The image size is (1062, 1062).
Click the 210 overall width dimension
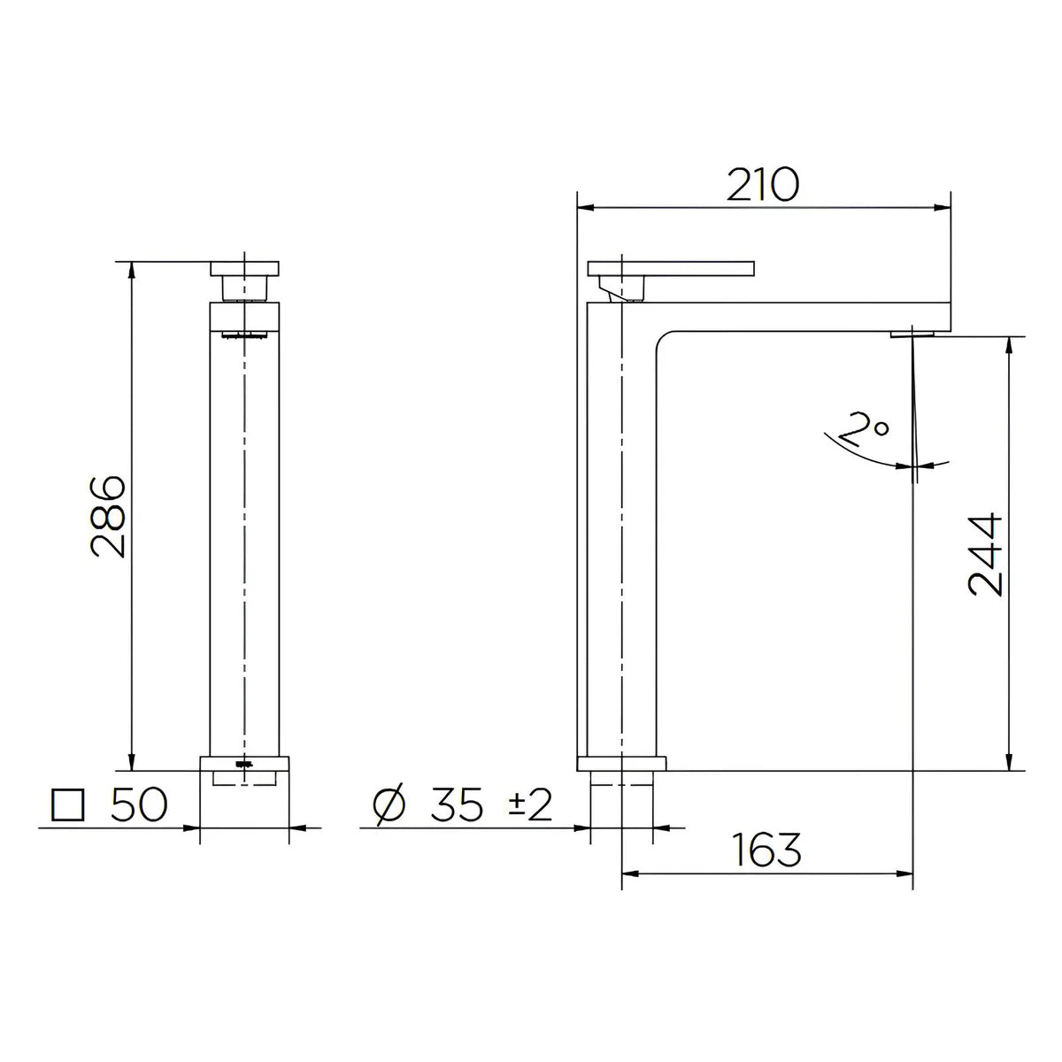click(x=763, y=184)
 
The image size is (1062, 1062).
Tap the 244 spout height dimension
click(x=984, y=554)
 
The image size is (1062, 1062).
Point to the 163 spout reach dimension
click(x=766, y=850)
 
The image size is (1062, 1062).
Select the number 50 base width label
click(x=138, y=804)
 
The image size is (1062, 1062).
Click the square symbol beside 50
click(x=69, y=804)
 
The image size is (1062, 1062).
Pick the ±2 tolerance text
click(x=528, y=804)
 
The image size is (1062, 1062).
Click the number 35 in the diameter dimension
click(x=458, y=804)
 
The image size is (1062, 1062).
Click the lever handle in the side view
click(x=671, y=267)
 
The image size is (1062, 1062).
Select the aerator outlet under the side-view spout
click(x=911, y=333)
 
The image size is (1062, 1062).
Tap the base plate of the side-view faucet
click(x=620, y=763)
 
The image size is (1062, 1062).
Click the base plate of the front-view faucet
click(x=245, y=763)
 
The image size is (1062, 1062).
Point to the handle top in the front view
click(x=245, y=267)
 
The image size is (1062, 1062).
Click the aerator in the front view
click(x=244, y=335)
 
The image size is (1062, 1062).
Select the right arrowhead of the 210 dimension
click(x=943, y=209)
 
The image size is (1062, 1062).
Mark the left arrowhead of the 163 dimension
click(x=629, y=875)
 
